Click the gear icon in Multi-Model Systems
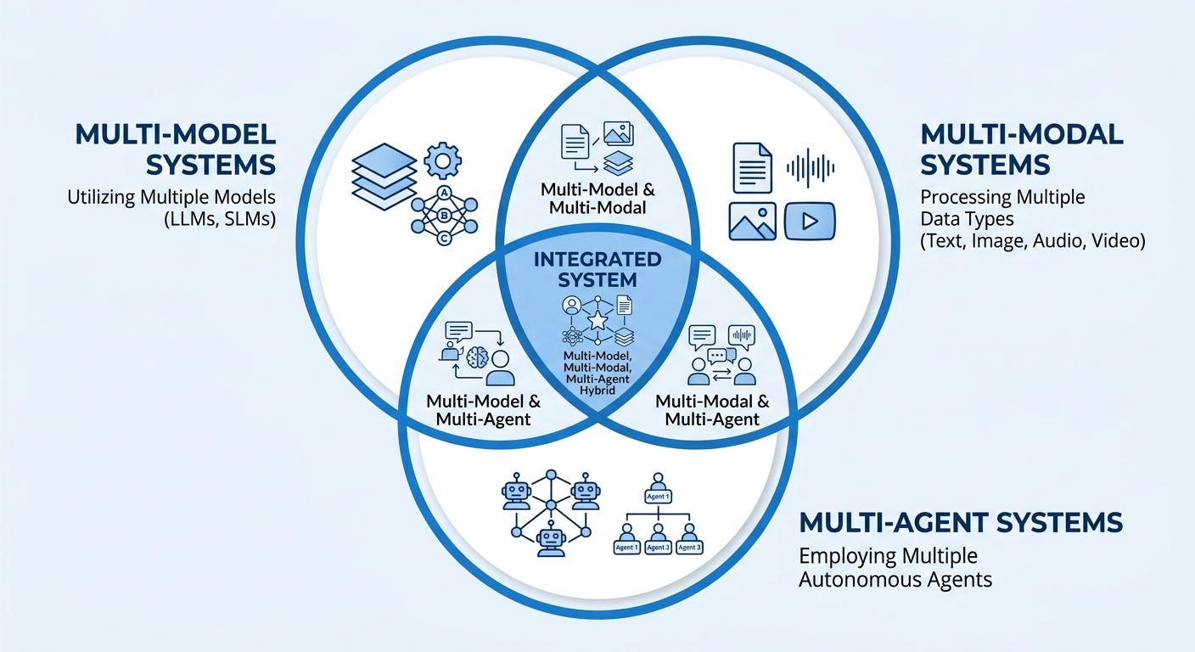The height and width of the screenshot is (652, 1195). click(441, 160)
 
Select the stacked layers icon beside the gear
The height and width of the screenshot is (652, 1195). click(384, 177)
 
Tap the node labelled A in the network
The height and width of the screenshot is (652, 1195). click(441, 192)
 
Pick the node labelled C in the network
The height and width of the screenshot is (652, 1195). click(441, 239)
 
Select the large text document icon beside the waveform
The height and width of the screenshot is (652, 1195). click(751, 166)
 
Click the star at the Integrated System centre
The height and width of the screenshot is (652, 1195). click(597, 321)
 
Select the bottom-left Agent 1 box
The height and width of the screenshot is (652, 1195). click(627, 548)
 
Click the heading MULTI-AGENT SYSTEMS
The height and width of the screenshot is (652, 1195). click(961, 521)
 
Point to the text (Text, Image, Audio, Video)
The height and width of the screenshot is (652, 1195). click(1033, 242)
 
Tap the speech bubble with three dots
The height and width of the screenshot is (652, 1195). click(722, 356)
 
